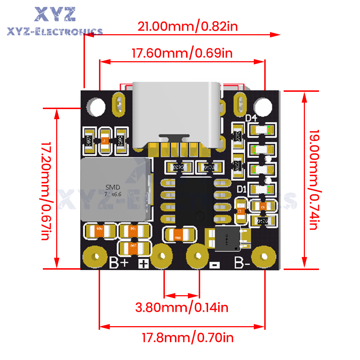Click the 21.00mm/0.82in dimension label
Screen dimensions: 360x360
pyautogui.click(x=188, y=26)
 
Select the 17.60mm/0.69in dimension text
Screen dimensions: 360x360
pyautogui.click(x=182, y=53)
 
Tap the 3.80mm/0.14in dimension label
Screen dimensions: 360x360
pyautogui.click(x=182, y=307)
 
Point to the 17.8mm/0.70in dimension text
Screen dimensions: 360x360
pyautogui.click(x=187, y=338)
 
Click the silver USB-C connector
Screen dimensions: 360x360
pyautogui.click(x=176, y=115)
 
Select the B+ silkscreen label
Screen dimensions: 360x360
pyautogui.click(x=119, y=264)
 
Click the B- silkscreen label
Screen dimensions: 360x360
pyautogui.click(x=242, y=263)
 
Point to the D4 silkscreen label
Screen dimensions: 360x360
pyautogui.click(x=251, y=118)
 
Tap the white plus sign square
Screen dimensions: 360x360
pyautogui.click(x=144, y=264)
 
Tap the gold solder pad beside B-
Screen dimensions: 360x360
pyautogui.click(x=264, y=257)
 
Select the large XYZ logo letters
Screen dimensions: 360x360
pyautogui.click(x=55, y=14)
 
